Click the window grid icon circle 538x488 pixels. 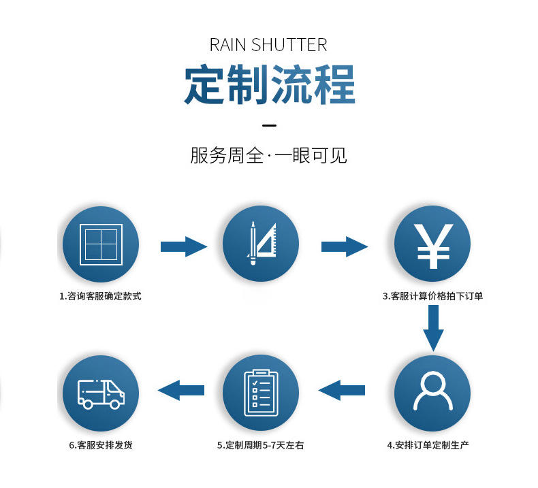[101, 244]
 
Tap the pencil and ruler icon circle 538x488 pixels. [261, 244]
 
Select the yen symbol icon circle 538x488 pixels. [432, 244]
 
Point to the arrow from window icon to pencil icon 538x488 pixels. [183, 246]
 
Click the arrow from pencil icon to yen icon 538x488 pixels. [344, 246]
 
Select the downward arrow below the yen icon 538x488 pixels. [433, 328]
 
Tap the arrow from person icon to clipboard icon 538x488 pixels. [342, 391]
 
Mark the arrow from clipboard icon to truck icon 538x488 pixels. [181, 391]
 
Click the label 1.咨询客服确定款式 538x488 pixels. [100, 297]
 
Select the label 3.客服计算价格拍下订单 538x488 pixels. [432, 297]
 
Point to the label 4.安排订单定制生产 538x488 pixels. [428, 445]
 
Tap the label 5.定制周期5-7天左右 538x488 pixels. [261, 445]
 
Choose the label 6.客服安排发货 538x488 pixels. [101, 445]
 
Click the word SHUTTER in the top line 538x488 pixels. [289, 46]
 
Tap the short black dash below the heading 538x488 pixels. [269, 126]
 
